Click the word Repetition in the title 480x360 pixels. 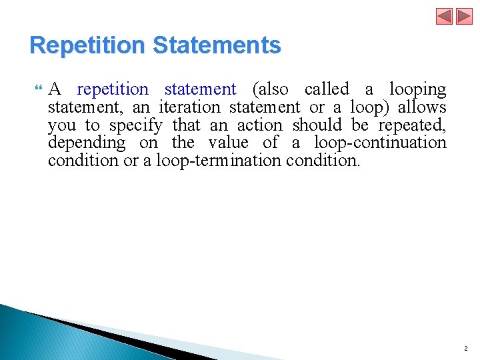[x=87, y=45]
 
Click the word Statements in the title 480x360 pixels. [x=217, y=45]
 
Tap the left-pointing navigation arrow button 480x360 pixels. [x=445, y=16]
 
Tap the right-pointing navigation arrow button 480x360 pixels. [x=463, y=16]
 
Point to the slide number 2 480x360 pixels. [x=465, y=348]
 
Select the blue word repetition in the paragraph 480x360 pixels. [x=113, y=89]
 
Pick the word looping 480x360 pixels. [x=417, y=89]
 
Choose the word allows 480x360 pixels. [x=422, y=107]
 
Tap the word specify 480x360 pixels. [x=136, y=125]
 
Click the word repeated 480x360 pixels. [x=412, y=125]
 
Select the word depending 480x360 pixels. [x=87, y=143]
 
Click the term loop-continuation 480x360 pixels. [x=379, y=143]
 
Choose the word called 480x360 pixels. [x=327, y=89]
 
